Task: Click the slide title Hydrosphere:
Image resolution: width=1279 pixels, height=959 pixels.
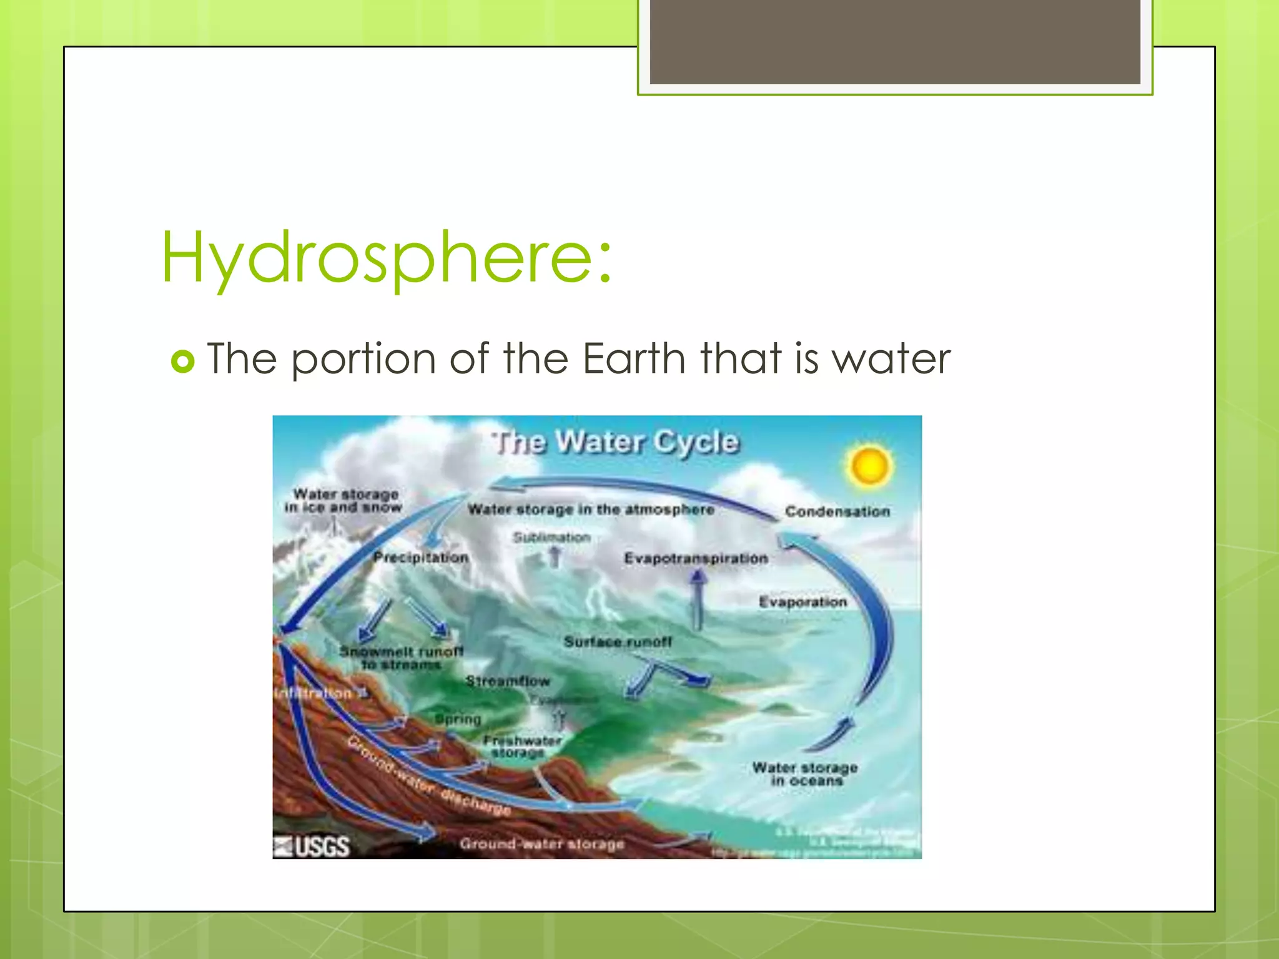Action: tap(386, 257)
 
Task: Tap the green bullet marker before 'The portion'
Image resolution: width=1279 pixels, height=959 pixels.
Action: tap(182, 361)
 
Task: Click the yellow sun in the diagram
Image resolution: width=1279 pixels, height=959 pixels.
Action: tap(869, 466)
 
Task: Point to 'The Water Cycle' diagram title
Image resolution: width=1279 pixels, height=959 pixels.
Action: tap(615, 442)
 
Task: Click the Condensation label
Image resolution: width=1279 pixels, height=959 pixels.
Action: tap(837, 511)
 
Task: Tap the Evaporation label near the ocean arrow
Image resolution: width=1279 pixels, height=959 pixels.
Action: tap(802, 602)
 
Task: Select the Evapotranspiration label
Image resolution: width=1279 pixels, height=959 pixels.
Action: tap(696, 558)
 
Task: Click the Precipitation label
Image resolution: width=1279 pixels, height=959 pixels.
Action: tap(420, 557)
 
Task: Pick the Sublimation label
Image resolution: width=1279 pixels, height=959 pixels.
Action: tap(551, 537)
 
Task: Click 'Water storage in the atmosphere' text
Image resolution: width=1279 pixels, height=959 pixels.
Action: tap(590, 509)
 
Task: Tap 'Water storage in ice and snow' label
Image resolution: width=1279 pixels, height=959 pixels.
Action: tap(343, 501)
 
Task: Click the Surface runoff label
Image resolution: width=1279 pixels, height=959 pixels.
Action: tap(618, 641)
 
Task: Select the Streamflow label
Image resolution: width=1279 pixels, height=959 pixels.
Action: tap(507, 681)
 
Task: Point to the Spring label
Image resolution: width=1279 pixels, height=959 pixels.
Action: tap(458, 719)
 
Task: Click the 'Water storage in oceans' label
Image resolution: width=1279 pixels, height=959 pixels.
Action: tap(805, 774)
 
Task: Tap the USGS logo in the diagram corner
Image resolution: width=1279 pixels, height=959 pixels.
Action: tap(312, 846)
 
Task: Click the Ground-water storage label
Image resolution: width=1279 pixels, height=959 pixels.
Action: tap(541, 844)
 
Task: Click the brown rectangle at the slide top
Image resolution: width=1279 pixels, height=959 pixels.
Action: tap(895, 41)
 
